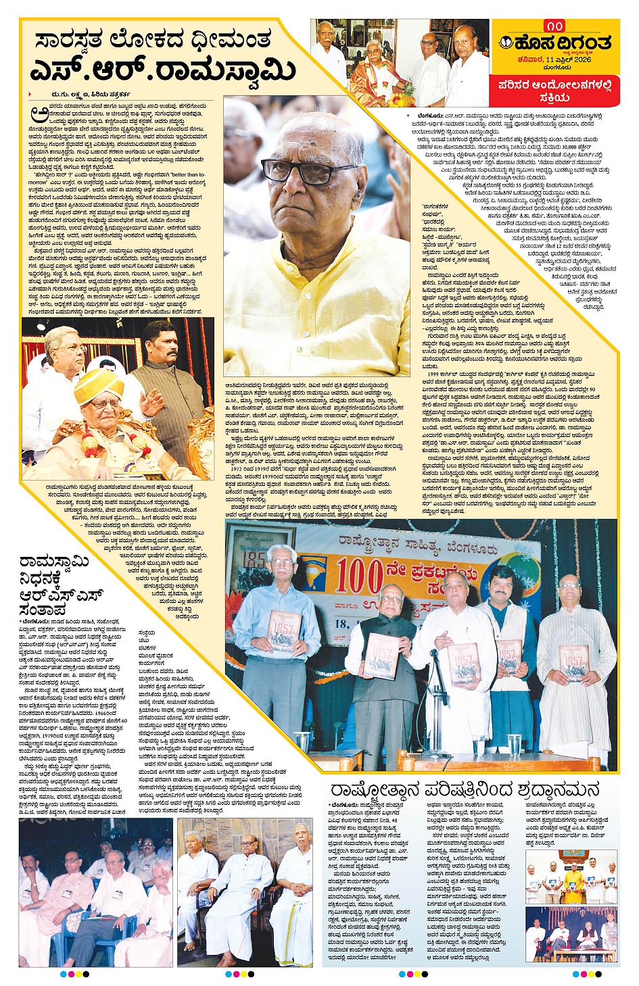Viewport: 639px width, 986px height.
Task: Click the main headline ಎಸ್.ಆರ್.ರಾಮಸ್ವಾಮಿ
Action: [x=162, y=70]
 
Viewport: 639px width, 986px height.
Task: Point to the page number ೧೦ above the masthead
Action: [x=555, y=26]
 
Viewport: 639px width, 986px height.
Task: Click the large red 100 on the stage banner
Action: [x=360, y=576]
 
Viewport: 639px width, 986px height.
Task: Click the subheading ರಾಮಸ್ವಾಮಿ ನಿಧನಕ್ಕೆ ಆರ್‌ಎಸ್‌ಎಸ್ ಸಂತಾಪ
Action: [x=61, y=585]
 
